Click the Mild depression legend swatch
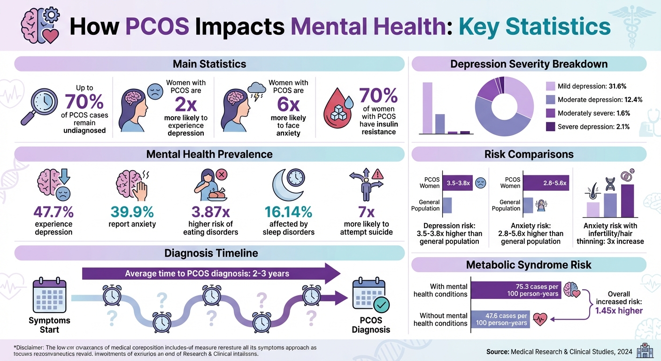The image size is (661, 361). [x=551, y=86]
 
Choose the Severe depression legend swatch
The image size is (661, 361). [x=551, y=126]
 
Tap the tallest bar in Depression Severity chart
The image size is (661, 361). [x=427, y=108]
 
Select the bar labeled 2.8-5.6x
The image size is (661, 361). [x=546, y=183]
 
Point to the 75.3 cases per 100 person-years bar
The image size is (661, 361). [x=516, y=290]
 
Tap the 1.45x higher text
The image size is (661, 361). [x=619, y=310]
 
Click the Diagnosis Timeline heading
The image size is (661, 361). [x=211, y=253]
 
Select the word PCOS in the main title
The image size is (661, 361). [x=158, y=27]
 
